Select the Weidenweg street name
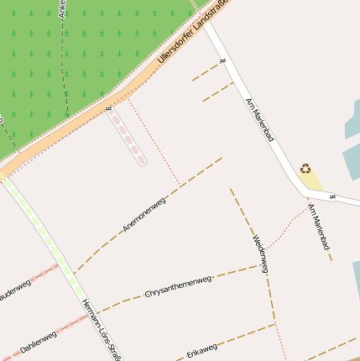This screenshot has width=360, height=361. pyautogui.click(x=260, y=254)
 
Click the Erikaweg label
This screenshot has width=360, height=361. pyautogui.click(x=202, y=348)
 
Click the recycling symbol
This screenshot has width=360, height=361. pyautogui.click(x=305, y=168)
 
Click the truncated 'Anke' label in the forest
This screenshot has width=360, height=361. pyautogui.click(x=62, y=8)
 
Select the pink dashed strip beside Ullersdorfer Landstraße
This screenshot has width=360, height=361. pyautogui.click(x=128, y=137)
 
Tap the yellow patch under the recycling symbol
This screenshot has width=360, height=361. pyautogui.click(x=312, y=180)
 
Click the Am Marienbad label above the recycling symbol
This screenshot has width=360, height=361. pyautogui.click(x=259, y=118)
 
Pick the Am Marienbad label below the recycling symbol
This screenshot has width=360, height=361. pyautogui.click(x=319, y=226)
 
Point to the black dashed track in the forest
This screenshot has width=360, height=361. pyautogui.click(x=64, y=76)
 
